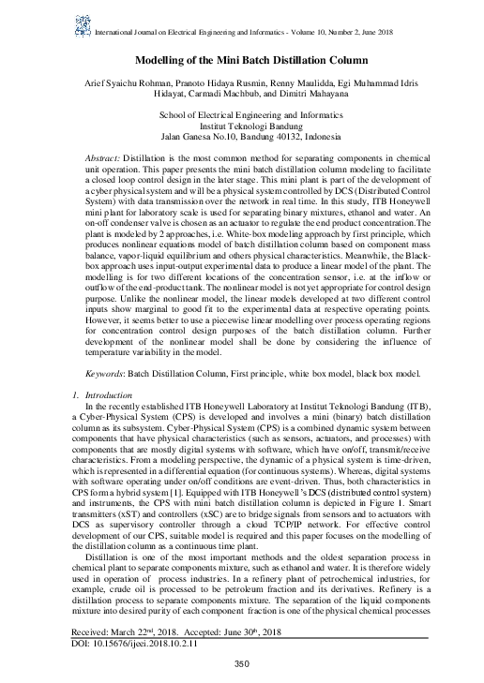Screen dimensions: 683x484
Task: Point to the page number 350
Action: (242, 665)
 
